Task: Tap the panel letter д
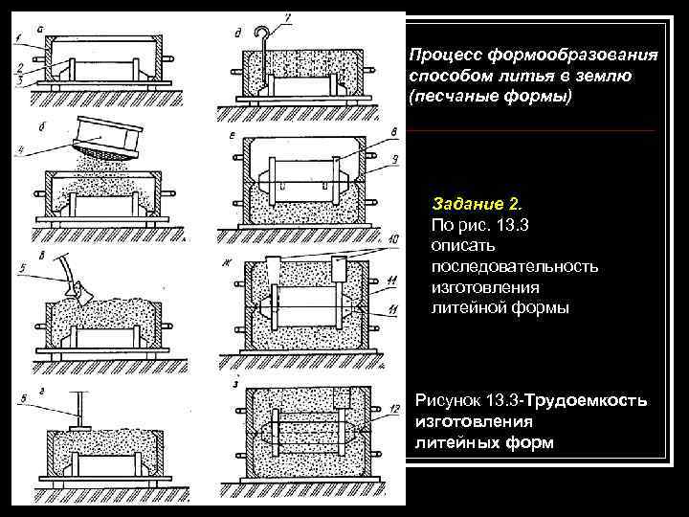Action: click(237, 30)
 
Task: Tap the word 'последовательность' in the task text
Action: click(515, 265)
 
